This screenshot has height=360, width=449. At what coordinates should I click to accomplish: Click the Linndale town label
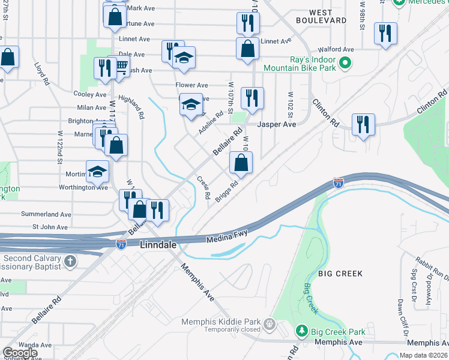click(x=159, y=245)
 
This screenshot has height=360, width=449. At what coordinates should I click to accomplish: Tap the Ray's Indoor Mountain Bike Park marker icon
click(x=345, y=62)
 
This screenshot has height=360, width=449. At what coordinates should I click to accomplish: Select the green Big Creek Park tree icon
click(x=301, y=331)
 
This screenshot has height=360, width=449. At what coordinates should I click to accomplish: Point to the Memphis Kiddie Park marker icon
click(x=270, y=325)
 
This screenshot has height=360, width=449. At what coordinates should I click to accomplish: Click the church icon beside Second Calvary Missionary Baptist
click(x=70, y=261)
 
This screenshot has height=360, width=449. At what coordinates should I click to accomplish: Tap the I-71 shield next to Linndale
click(x=122, y=243)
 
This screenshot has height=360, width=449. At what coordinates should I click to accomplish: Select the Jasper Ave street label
click(x=277, y=124)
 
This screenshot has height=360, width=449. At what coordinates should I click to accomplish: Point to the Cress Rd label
click(x=203, y=188)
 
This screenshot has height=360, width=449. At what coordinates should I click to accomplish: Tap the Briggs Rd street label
click(x=231, y=191)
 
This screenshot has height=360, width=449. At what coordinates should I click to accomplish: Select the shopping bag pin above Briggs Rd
click(x=241, y=162)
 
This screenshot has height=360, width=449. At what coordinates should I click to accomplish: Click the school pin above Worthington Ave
click(x=97, y=172)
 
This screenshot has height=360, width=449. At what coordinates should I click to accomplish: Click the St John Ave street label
click(x=50, y=227)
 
